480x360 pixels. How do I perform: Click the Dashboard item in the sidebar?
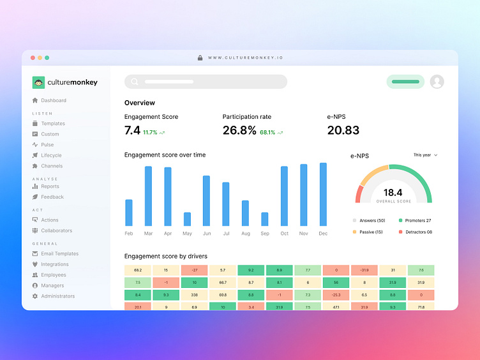[53, 100]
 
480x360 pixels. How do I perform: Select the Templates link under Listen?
[52, 123]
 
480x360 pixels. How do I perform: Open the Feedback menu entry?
[52, 197]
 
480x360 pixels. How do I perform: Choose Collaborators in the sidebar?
[56, 230]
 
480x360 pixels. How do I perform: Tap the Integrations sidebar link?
[54, 264]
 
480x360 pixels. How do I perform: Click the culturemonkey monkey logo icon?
[38, 82]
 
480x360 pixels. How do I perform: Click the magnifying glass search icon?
[134, 82]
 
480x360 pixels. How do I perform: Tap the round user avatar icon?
[437, 82]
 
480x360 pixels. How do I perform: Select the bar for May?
[187, 219]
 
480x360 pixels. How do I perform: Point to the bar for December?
[323, 194]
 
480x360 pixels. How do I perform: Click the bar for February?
[129, 213]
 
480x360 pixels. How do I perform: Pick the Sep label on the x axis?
[265, 234]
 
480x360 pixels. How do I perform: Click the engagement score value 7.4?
[132, 130]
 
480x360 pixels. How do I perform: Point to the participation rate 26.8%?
[239, 130]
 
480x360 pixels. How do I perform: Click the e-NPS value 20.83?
[343, 130]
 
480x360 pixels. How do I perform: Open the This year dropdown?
[425, 155]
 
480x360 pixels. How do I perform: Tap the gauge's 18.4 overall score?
[393, 192]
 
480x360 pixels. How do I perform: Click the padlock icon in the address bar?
[200, 57]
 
